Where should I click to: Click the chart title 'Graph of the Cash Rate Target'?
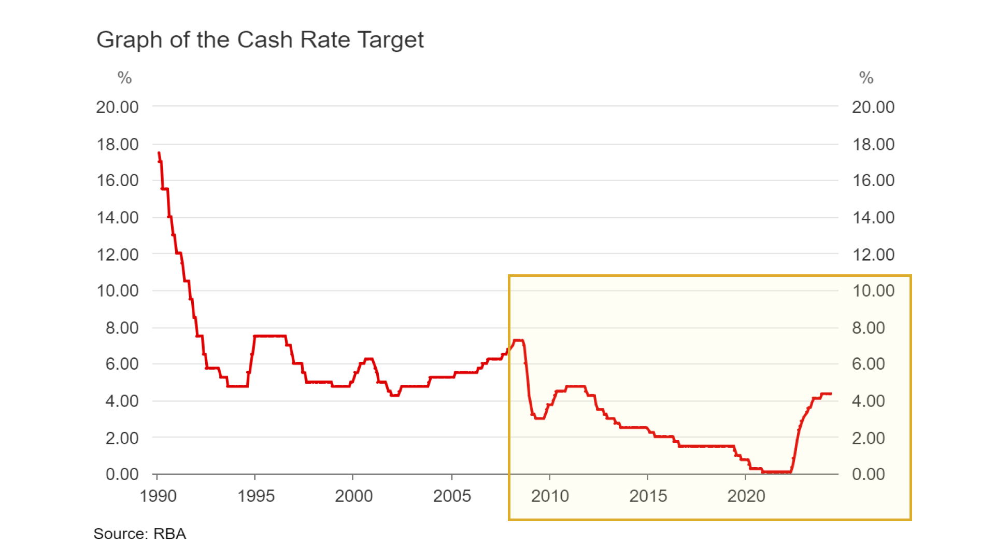point(260,40)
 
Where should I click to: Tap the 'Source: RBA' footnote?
point(139,534)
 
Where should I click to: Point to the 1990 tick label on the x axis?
point(158,496)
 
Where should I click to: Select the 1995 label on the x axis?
point(256,496)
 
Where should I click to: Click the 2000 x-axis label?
point(354,496)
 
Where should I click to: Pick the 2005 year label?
point(452,496)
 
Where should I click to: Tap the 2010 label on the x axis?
point(550,496)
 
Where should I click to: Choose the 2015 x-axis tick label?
point(648,496)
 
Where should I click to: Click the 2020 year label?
point(746,496)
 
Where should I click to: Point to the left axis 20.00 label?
point(117,107)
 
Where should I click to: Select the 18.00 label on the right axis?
point(874,145)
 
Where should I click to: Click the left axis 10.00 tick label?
point(118,291)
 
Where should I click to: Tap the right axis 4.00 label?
point(869,401)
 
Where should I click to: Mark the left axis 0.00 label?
point(122,474)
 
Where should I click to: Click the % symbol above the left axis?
point(124,78)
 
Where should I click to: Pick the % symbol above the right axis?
point(866,78)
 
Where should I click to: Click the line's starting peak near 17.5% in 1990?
point(159,153)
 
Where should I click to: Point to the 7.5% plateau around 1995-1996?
point(269,336)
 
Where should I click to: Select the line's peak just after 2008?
point(518,341)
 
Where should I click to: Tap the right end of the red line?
point(831,394)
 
